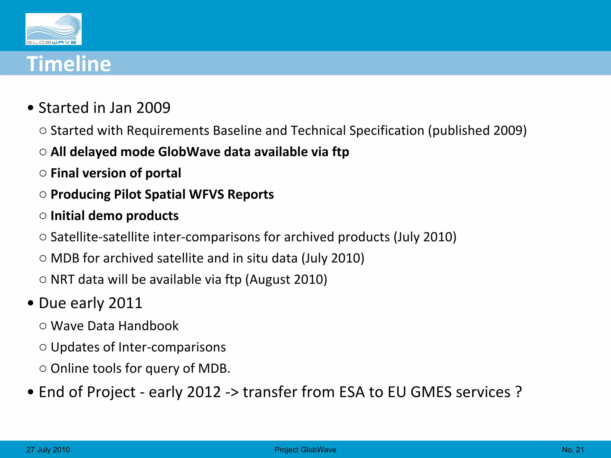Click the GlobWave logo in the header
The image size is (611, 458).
coord(53,29)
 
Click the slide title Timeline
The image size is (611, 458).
coord(69,64)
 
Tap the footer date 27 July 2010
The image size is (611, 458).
coord(48,450)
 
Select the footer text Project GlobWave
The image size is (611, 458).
coord(305,450)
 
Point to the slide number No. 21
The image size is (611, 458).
coord(573,450)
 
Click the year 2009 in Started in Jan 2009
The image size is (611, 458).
coord(153,108)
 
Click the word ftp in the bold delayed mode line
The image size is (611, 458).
coord(340,152)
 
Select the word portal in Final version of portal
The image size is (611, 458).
coord(163,173)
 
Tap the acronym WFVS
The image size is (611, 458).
coord(206,194)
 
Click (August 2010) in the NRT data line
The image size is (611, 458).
coord(286,280)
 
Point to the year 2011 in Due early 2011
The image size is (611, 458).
coord(125,303)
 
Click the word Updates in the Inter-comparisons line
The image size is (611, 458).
coord(75,347)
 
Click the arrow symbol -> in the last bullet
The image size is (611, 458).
coord(232,392)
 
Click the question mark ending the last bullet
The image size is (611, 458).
coord(519,392)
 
